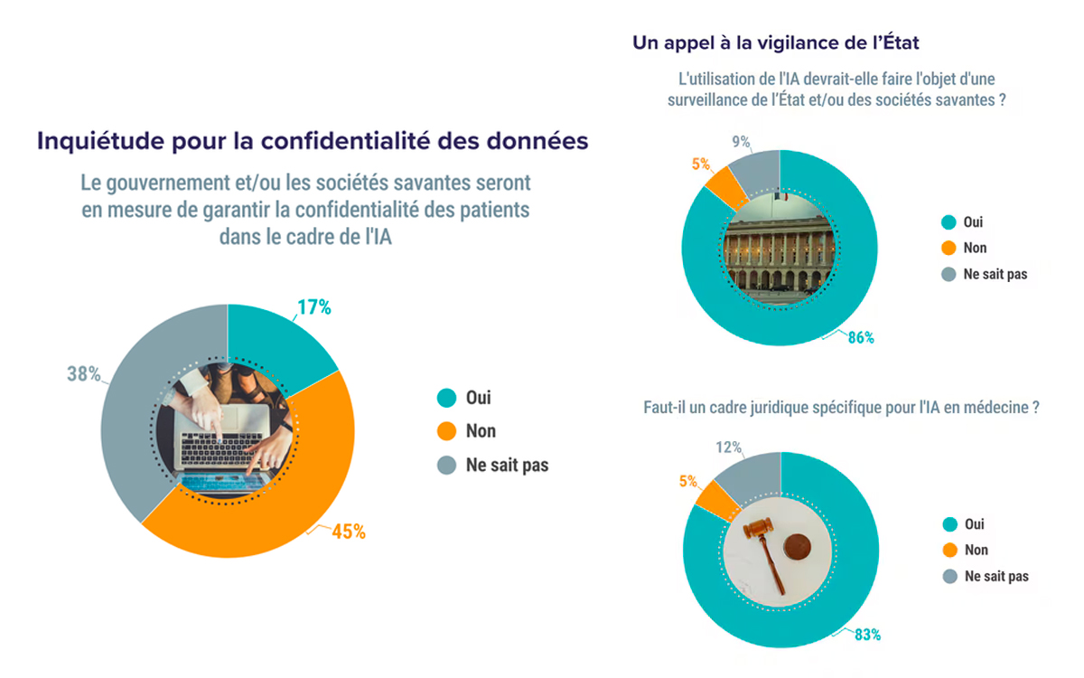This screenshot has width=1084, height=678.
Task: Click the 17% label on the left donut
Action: [x=315, y=307]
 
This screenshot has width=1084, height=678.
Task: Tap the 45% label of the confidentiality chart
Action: [x=348, y=532]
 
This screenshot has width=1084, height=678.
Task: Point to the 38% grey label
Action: [x=83, y=373]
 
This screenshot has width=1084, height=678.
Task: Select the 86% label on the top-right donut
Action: [x=860, y=337]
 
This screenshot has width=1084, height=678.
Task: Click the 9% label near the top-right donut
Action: [x=742, y=141]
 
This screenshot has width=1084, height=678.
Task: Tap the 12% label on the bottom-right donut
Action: [x=729, y=447]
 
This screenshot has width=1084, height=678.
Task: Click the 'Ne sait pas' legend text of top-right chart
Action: [x=996, y=273]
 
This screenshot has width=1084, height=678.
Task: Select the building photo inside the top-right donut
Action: [x=780, y=244]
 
